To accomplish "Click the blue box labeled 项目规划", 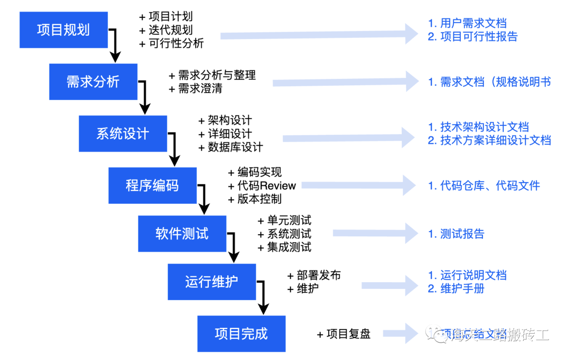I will click(x=64, y=29).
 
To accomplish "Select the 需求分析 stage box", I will click(x=93, y=82).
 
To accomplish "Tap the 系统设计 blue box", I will click(x=123, y=134).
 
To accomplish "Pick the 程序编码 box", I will click(x=153, y=185).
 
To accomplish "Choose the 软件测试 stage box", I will click(x=182, y=234).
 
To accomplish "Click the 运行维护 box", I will click(x=211, y=282).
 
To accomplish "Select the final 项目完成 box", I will click(x=241, y=334).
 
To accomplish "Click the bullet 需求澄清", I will click(x=200, y=88).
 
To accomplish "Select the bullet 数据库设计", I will click(x=235, y=147).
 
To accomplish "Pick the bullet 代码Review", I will click(x=267, y=186).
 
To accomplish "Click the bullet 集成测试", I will click(x=289, y=247).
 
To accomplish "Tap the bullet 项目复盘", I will click(x=348, y=334).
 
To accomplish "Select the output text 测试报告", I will click(x=462, y=234).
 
